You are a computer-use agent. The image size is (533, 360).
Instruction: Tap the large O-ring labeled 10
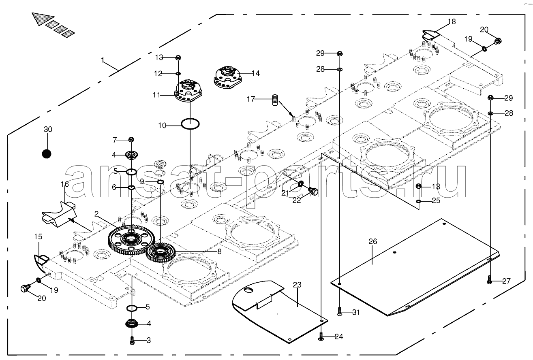190,124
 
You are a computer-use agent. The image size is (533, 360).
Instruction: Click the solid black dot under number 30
47,154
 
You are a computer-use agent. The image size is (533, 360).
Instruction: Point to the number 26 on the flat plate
372,241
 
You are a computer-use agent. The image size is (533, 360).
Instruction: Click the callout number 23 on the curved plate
297,284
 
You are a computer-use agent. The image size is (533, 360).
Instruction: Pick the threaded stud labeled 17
275,100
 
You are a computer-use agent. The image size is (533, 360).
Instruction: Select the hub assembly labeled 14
228,79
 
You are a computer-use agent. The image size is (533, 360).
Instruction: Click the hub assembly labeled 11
188,92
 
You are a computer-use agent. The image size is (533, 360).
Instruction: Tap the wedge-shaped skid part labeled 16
59,214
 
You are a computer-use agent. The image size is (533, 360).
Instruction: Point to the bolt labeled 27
489,280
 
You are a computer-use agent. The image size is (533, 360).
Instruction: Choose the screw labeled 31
340,312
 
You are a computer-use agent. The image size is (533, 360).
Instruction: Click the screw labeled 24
321,336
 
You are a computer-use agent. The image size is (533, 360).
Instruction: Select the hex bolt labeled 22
313,191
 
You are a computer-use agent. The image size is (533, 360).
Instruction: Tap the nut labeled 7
131,140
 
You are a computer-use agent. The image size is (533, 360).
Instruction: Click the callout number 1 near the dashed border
103,60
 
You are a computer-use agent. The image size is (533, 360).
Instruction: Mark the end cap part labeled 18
431,35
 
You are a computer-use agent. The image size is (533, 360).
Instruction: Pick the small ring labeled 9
161,182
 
